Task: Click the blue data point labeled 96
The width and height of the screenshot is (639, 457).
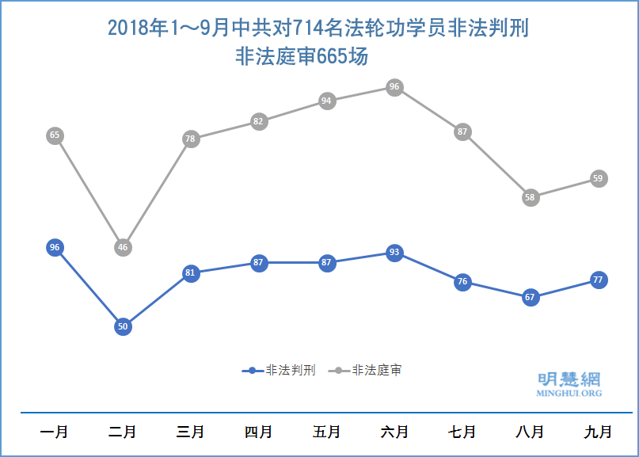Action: (x=55, y=247)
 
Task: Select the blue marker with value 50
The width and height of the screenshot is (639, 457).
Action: (x=123, y=326)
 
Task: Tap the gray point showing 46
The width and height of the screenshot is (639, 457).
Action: (x=123, y=247)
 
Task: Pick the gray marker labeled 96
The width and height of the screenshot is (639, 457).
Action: (x=394, y=87)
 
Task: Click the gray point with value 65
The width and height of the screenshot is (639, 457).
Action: (x=55, y=135)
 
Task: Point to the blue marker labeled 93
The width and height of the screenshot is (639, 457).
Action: (x=394, y=253)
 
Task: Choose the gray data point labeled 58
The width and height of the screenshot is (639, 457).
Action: (x=531, y=197)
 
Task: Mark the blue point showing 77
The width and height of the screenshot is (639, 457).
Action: (x=599, y=280)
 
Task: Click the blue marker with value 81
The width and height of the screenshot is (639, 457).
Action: (x=190, y=273)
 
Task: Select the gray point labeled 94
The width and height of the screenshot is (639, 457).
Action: (x=326, y=101)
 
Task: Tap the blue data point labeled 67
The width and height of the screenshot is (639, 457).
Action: (x=531, y=297)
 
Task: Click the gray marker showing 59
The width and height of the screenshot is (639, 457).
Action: (x=599, y=178)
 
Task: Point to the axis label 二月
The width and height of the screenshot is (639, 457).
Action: (x=122, y=432)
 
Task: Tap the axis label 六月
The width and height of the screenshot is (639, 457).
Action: (x=394, y=432)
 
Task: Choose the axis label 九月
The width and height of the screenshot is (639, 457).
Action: (x=599, y=432)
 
